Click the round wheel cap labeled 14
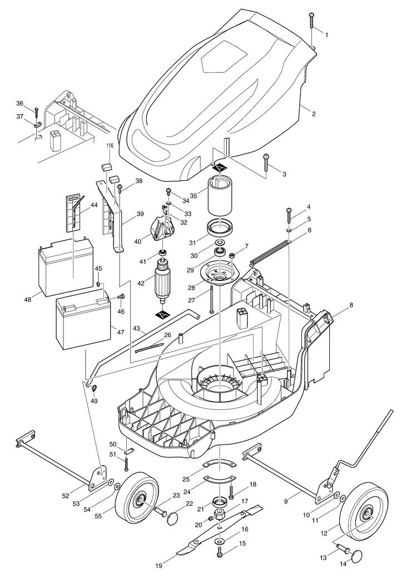point(356,556)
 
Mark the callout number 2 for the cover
point(314,114)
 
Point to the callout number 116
point(110,146)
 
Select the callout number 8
point(351,305)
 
